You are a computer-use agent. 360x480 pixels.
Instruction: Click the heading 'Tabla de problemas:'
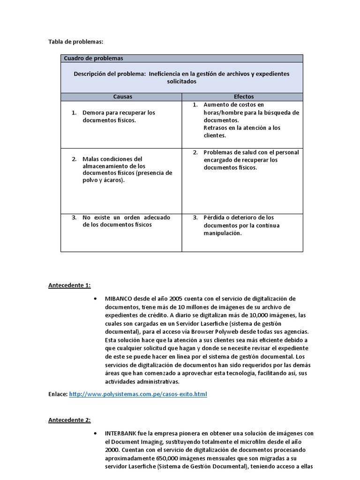tap(75, 42)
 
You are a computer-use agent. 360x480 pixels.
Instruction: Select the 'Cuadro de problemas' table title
tap(93, 59)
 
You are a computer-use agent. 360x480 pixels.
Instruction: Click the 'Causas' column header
tap(122, 97)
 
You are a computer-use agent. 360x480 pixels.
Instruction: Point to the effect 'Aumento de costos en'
tap(233, 105)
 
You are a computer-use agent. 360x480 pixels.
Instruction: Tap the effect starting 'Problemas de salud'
tap(251, 160)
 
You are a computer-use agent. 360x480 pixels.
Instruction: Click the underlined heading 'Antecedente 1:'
tap(70, 285)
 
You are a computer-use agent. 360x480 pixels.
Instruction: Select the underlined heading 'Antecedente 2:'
tap(70, 420)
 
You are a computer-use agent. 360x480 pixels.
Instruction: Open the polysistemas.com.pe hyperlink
tap(138, 395)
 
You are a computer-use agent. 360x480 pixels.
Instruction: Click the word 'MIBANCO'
tap(119, 299)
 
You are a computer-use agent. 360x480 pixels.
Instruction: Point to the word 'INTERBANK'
tap(121, 434)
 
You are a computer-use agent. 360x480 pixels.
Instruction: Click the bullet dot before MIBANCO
tap(96, 299)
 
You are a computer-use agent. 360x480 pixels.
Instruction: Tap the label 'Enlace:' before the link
tap(58, 395)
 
